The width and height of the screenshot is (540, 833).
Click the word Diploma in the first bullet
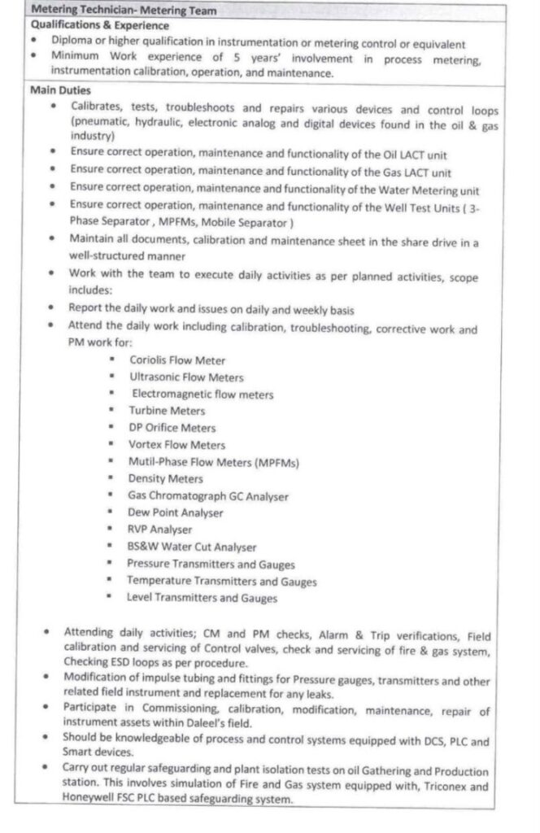[72, 43]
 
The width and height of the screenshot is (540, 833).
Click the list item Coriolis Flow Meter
[177, 360]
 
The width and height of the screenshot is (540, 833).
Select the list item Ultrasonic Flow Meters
[186, 377]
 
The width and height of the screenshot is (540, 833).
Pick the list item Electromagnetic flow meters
[202, 394]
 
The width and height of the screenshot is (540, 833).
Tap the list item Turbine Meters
[167, 411]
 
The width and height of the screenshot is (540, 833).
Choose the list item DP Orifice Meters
[172, 428]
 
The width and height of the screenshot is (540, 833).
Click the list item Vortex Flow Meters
[176, 445]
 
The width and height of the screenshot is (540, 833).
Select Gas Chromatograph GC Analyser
[208, 496]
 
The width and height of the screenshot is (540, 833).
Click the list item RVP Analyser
[159, 530]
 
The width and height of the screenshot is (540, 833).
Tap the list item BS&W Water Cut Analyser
[191, 547]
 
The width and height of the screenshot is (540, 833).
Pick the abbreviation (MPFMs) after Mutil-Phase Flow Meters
[277, 462]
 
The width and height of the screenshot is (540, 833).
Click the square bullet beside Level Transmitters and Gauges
[107, 598]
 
